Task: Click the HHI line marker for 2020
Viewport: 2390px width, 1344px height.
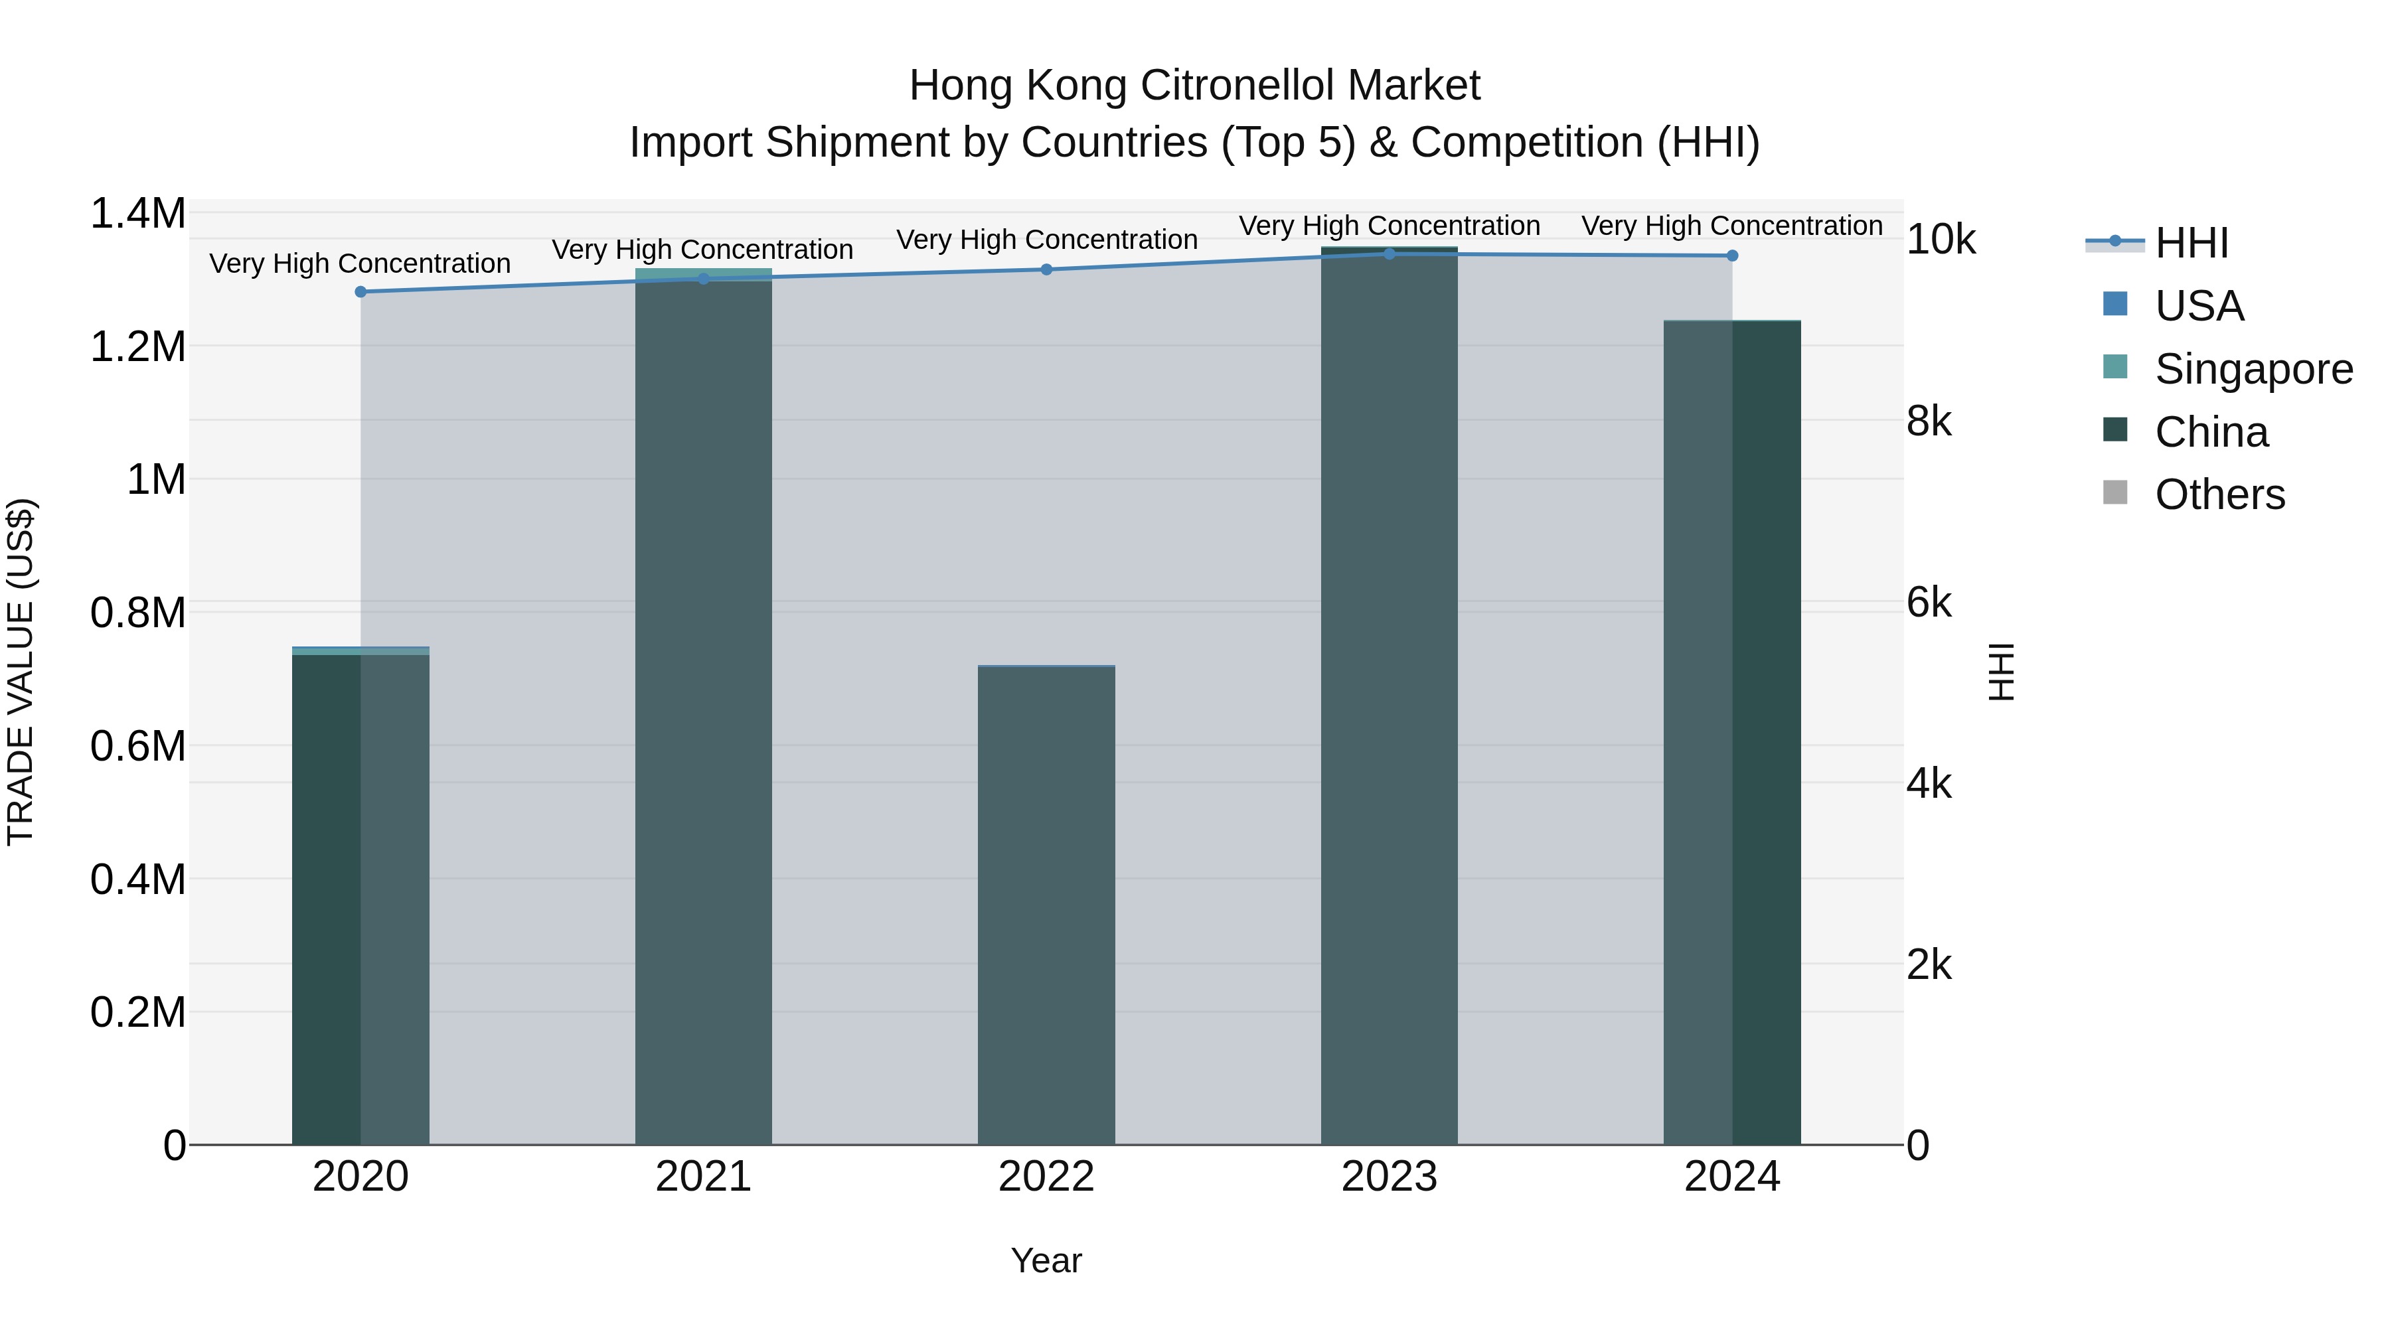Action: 361,291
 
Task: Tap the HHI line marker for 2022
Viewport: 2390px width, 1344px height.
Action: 1046,269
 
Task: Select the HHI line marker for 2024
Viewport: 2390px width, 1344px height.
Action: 1732,255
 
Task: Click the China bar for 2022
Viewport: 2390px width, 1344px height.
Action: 1046,905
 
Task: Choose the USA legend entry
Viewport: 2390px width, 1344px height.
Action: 2199,306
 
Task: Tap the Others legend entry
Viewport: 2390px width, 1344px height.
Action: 2219,494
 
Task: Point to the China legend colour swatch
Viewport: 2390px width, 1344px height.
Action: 2115,430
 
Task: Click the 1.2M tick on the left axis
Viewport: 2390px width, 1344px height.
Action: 138,347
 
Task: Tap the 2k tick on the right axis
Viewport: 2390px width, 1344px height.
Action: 1929,964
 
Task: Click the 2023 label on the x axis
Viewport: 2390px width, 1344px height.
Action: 1389,1177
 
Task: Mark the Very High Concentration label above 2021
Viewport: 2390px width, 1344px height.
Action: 702,250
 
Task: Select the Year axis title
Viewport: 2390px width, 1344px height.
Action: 1046,1260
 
